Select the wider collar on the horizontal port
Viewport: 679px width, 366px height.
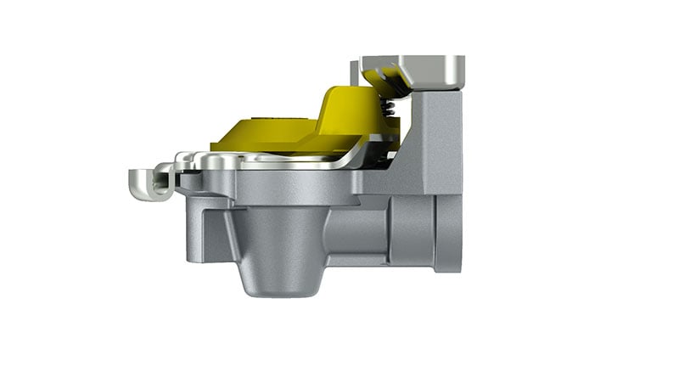[412, 229]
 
